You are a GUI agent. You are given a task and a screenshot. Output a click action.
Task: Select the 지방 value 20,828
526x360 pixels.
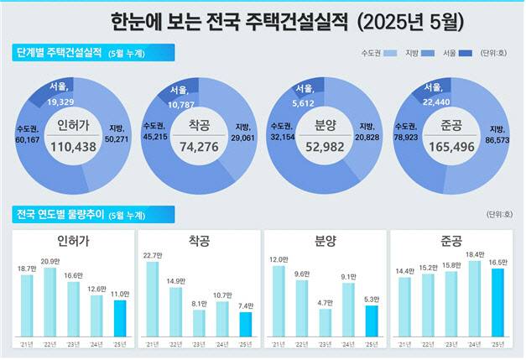pos(367,136)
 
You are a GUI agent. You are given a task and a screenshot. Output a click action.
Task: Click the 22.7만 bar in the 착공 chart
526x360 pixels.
pos(152,298)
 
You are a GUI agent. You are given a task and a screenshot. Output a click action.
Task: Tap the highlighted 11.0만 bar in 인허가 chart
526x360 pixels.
pos(120,317)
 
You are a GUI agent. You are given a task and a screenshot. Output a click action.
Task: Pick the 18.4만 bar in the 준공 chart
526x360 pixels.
pos(474,298)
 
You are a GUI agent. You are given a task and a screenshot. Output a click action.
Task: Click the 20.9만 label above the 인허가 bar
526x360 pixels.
pos(50,262)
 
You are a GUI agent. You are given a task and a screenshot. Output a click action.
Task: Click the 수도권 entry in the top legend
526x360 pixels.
pos(372,53)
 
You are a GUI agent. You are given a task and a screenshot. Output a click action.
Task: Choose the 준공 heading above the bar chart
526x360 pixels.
pos(451,242)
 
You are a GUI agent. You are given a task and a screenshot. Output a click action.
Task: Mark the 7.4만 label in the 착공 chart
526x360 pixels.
pos(245,306)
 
